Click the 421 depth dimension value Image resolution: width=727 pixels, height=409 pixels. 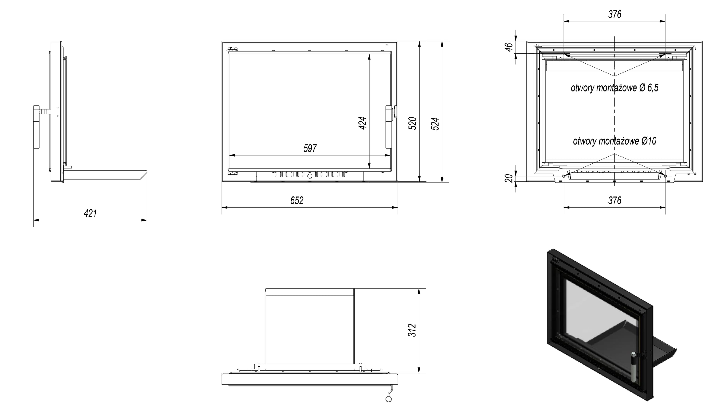pyautogui.click(x=90, y=213)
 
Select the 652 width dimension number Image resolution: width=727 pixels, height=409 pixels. pyautogui.click(x=297, y=200)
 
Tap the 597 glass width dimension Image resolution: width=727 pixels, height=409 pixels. pyautogui.click(x=310, y=148)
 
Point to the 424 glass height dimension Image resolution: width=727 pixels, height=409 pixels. pyautogui.click(x=362, y=123)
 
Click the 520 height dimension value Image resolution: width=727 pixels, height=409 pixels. pyautogui.click(x=413, y=123)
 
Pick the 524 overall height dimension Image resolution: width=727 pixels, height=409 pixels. pyautogui.click(x=435, y=124)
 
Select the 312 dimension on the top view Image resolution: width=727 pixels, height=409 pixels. pyautogui.click(x=412, y=330)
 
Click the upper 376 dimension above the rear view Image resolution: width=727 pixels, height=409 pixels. pyautogui.click(x=615, y=14)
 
